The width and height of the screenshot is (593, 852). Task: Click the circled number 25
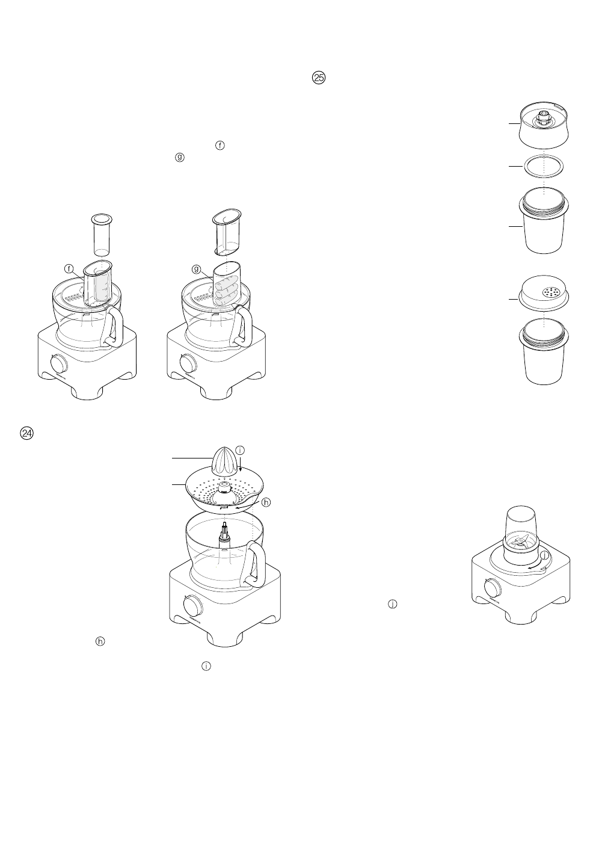(319, 77)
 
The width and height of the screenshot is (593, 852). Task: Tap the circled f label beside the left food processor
(69, 267)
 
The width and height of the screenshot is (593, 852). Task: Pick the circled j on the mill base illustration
(544, 554)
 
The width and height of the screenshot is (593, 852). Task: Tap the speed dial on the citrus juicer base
(191, 603)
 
